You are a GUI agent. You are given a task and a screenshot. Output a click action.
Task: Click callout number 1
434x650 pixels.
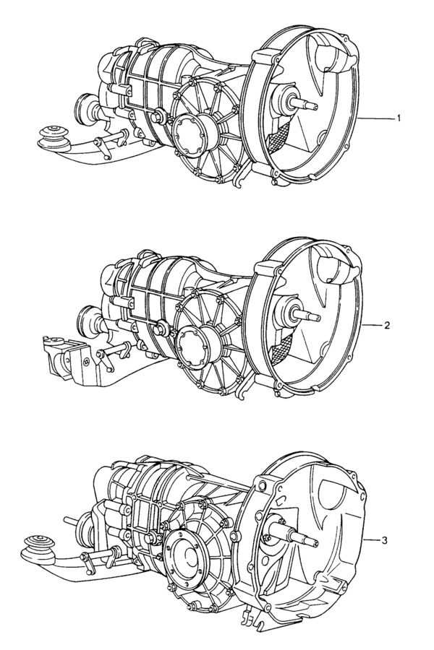click(x=399, y=119)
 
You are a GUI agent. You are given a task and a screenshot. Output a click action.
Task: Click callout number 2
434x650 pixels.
click(x=387, y=326)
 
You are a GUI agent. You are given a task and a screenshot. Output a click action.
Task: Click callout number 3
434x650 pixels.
click(x=384, y=540)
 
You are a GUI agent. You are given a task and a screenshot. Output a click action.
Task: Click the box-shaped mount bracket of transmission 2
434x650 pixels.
click(x=68, y=358)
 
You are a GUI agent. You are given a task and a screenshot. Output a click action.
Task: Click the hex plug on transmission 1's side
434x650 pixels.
click(x=158, y=117)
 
